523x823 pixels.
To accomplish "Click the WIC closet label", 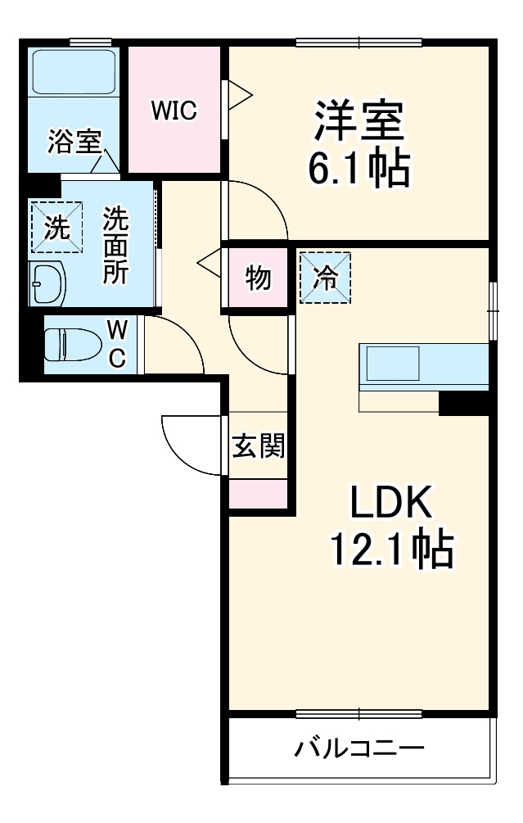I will [173, 111].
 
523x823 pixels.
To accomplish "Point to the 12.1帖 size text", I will [390, 549].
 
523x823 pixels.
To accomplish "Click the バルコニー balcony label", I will [359, 748].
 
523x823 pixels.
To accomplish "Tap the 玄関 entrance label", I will [258, 446].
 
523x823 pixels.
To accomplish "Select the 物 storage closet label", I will [258, 279].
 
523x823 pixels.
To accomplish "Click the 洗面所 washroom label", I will [115, 245].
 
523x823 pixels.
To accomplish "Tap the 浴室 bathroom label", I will [74, 142].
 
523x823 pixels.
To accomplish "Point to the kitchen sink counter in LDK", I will [393, 362].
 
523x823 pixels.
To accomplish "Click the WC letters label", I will [117, 345].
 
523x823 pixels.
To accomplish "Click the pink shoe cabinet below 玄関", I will [258, 494].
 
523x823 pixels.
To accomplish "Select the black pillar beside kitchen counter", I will [463, 404].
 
